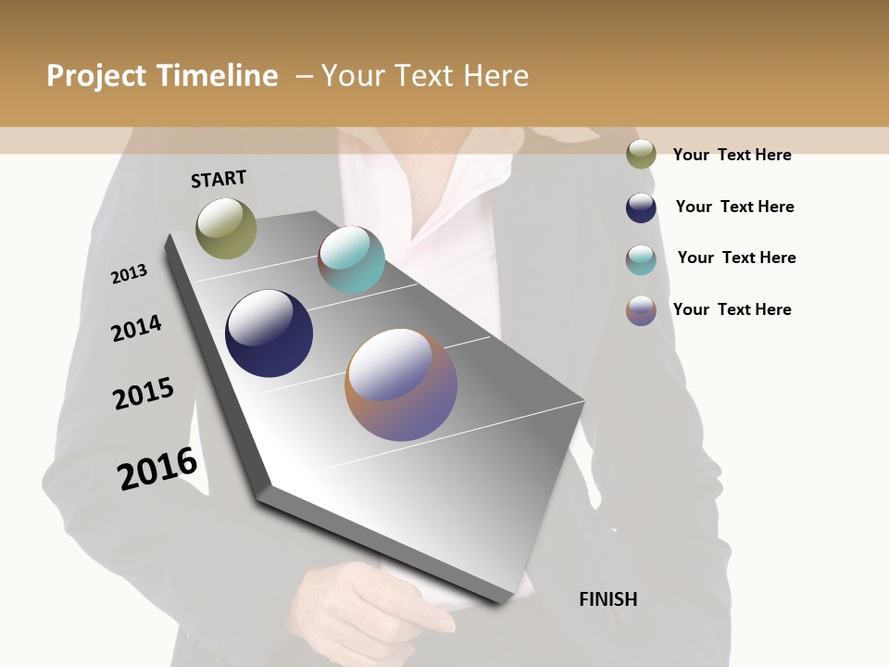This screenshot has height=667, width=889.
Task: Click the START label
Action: (219, 179)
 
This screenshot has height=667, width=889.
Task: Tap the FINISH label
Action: (607, 599)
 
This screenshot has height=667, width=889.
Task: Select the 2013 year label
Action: (129, 274)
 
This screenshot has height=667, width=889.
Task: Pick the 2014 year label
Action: (136, 328)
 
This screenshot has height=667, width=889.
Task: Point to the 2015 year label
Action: (144, 394)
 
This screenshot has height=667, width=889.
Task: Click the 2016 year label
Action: (157, 468)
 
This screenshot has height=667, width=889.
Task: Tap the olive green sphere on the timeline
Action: (226, 228)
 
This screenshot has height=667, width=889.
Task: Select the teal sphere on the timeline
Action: (351, 259)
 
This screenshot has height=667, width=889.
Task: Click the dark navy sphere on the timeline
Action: (269, 333)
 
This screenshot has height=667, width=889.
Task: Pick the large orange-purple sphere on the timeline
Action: (401, 384)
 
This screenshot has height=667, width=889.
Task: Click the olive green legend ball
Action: (641, 155)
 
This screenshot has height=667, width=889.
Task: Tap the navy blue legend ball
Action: (641, 208)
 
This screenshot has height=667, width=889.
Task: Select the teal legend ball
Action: (641, 259)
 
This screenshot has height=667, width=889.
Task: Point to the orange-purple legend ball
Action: (641, 310)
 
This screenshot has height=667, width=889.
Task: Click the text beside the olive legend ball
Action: (732, 155)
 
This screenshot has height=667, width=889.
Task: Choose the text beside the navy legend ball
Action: (734, 207)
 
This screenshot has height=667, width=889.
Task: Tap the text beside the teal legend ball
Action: (736, 258)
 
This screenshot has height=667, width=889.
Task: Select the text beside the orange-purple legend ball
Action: (732, 309)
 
